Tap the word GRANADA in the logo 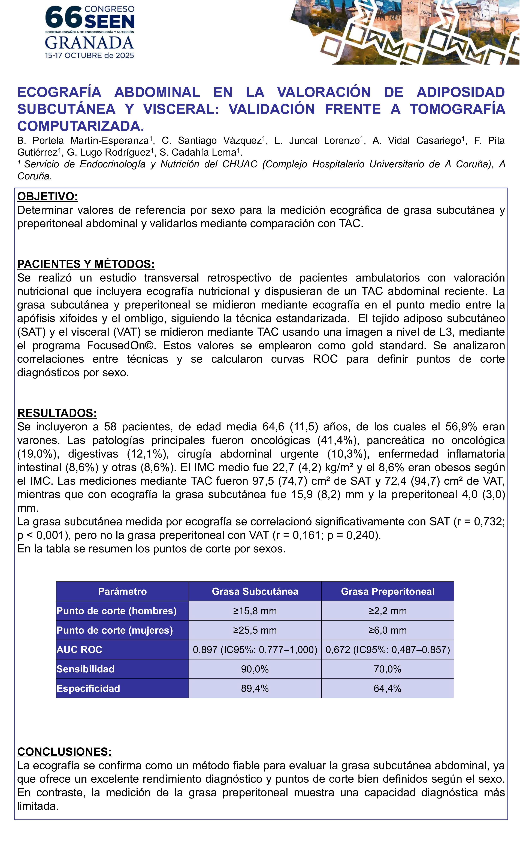pos(89,43)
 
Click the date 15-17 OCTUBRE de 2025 pos(89,56)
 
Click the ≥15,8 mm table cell pos(255,611)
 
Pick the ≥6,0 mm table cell pos(388,630)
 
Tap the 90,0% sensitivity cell pos(255,669)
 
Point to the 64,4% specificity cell pos(388,688)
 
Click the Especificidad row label pos(88,688)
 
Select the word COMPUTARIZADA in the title pos(81,126)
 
